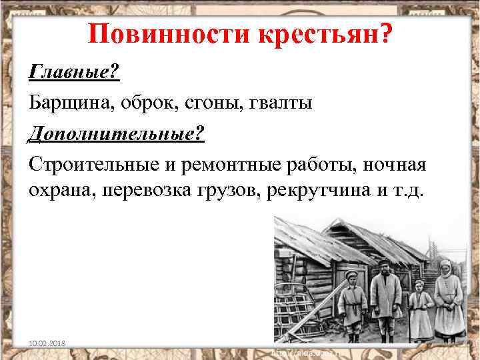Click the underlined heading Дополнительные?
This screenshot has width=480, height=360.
click(x=116, y=133)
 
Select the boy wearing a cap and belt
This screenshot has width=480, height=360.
click(x=352, y=303)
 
